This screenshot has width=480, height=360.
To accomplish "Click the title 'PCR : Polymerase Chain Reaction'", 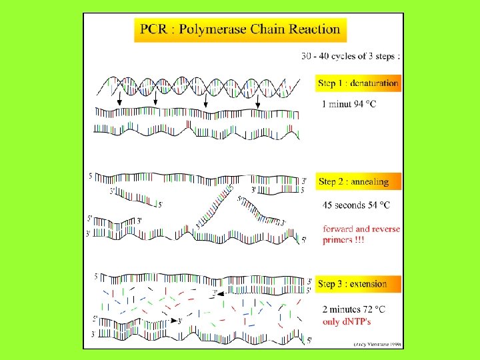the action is (240, 29).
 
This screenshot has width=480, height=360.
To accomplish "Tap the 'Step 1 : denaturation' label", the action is (359, 83).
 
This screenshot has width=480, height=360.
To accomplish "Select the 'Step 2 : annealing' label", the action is (353, 181).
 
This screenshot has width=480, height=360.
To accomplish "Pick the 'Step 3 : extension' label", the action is (353, 284).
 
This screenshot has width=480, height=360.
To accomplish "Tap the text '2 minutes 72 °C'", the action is (353, 309).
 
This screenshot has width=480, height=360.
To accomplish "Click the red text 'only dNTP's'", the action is (345, 321).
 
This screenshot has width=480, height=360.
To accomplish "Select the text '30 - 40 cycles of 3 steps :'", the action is (351, 56).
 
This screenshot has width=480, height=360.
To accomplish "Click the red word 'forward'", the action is (339, 229).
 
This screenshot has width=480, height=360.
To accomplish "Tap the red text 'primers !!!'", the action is (343, 240).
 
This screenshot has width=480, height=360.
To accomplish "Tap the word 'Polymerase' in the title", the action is (213, 29).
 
